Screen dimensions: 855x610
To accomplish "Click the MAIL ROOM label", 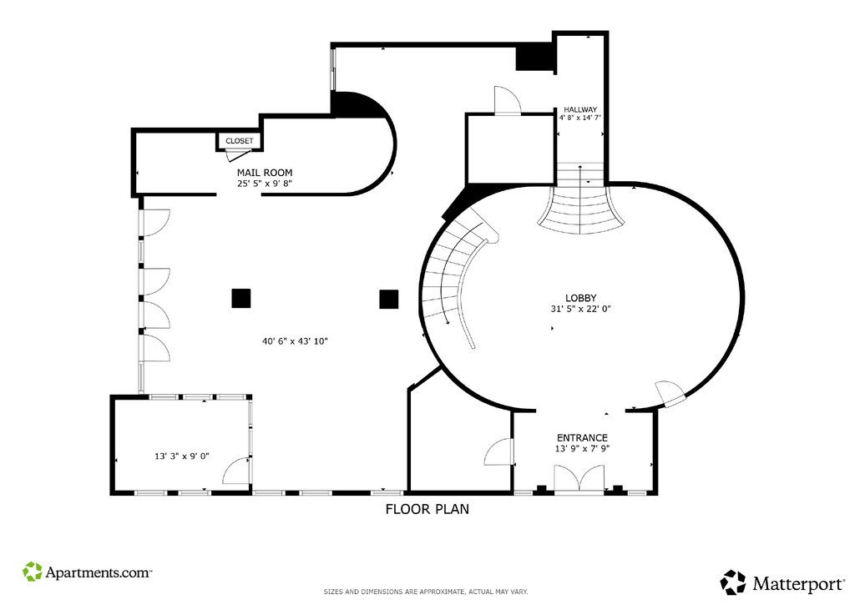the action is point(265,173).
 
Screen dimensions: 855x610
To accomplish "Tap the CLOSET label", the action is point(240,141).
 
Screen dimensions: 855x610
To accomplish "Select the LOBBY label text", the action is point(581,298).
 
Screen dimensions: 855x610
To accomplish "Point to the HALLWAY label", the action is point(580,109).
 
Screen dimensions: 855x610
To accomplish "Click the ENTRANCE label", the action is point(582,438).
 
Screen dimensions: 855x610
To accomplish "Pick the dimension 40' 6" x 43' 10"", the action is point(295,342).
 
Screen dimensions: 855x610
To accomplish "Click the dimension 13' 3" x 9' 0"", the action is point(182,456).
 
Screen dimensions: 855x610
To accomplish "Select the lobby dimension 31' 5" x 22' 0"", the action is point(581,309).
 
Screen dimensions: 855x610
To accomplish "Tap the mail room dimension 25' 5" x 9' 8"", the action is point(265,184).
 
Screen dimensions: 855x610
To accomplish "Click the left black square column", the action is point(241,298).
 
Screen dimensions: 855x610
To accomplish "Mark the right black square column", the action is point(389,300).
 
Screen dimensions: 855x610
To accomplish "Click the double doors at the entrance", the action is point(579,479).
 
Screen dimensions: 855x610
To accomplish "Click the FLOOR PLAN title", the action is point(427,509).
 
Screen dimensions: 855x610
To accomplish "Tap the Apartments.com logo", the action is point(87,572).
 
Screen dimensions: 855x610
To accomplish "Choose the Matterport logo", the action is point(783,583).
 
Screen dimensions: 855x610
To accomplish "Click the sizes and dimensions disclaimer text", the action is point(426,592).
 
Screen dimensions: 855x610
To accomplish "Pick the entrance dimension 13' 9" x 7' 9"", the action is point(582,449).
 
